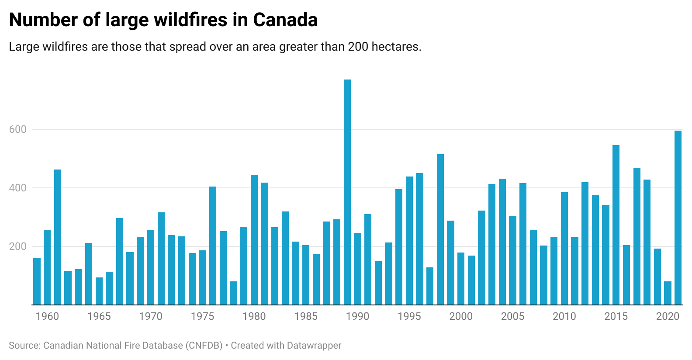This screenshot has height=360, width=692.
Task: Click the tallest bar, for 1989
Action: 347,192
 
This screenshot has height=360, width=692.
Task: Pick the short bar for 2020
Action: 668,293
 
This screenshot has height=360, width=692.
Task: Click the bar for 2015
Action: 616,225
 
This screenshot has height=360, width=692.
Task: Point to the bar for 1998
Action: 440,229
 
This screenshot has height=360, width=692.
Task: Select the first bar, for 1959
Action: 37,281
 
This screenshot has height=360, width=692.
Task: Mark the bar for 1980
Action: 254,240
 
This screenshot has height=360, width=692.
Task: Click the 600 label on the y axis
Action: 18,129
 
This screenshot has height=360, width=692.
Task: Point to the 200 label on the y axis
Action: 18,246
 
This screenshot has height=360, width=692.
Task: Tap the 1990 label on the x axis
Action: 357,316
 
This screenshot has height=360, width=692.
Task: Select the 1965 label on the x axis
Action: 99,316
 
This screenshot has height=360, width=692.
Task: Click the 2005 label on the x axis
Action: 512,316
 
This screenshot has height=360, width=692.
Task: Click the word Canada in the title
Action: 285,20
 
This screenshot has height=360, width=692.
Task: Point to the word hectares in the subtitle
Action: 396,47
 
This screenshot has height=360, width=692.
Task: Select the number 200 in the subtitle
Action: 358,47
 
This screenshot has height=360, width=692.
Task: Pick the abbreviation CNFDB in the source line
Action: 204,346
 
